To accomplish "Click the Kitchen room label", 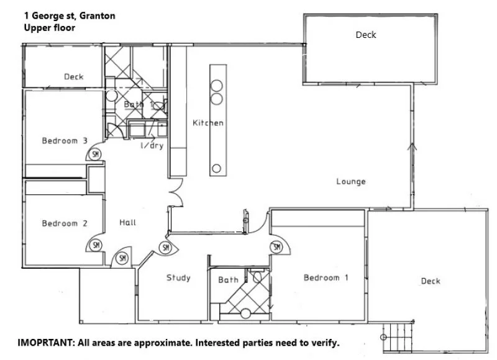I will point(207,123).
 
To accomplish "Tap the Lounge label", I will point(351,182).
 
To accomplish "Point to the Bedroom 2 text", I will point(64,223).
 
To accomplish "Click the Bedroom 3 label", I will point(64,141).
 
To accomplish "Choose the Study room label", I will point(178,277).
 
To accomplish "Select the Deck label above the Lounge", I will point(365,35).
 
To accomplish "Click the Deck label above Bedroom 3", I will point(73,77).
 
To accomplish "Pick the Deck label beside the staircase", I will point(430,281).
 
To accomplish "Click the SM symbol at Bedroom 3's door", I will point(96,154).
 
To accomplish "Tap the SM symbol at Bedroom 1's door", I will point(276,248).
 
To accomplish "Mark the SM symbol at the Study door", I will point(165,248).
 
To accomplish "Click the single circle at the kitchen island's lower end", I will point(216,167).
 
